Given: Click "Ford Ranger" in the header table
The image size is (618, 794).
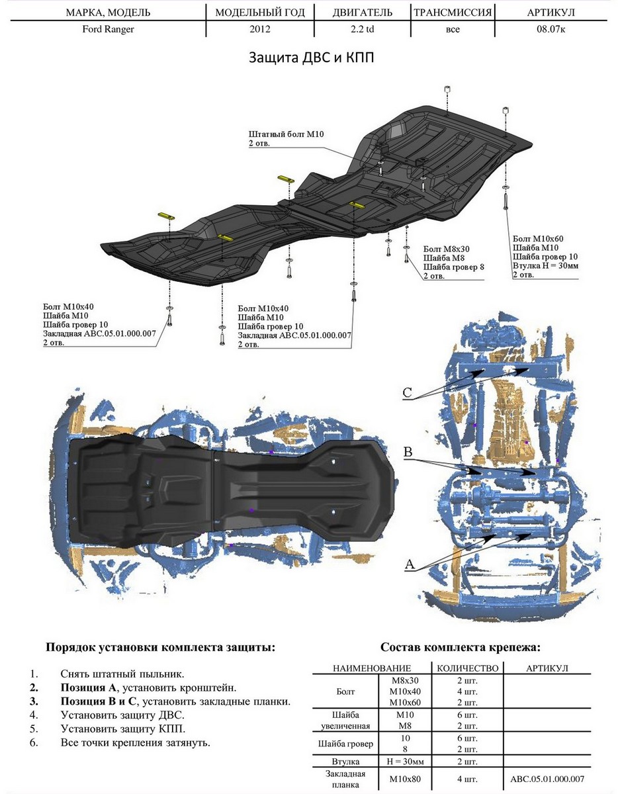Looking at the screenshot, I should pos(109,30).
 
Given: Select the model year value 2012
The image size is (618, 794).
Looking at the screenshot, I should pos(260,30).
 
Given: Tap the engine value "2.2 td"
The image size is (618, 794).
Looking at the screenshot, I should pos(362,30).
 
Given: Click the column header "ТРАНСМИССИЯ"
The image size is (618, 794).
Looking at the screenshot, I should pos(453,13).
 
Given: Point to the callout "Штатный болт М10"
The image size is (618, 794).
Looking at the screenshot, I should pos(287,134).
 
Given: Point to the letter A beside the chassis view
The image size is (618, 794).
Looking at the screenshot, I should pos(410,564).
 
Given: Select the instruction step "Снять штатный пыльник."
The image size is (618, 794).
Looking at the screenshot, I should pos(122,674).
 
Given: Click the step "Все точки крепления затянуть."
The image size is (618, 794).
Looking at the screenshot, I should pos(135,742).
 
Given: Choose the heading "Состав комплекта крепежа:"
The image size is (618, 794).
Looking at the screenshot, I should pos(461,647).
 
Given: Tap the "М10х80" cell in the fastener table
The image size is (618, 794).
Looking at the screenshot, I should pos(405,779).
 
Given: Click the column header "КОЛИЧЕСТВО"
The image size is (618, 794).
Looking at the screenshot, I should pos(467,668).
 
